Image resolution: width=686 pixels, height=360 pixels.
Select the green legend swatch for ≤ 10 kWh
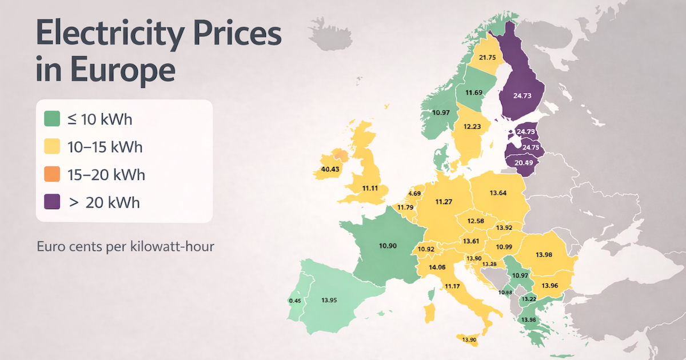52,119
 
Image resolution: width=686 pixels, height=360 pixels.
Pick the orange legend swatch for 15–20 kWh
52,174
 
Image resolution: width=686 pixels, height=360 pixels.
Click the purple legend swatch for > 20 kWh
52,202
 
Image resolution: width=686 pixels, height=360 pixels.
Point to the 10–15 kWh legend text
105,147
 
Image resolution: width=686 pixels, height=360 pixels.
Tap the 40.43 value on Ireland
330,169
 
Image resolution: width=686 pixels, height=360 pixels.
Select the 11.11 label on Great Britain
372,187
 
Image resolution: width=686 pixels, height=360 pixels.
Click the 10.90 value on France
388,246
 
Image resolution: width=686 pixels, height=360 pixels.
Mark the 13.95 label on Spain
329,299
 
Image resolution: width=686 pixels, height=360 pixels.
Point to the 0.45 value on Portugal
295,301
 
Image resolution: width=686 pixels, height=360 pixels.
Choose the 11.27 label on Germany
444,202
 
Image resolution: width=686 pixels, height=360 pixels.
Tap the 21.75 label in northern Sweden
487,57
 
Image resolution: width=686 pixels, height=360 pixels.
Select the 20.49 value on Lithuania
524,162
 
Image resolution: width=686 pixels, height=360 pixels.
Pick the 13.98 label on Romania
544,254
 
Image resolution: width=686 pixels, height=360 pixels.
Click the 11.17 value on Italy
452,286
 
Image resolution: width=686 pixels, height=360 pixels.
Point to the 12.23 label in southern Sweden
472,127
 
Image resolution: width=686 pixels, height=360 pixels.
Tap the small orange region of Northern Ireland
340,154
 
